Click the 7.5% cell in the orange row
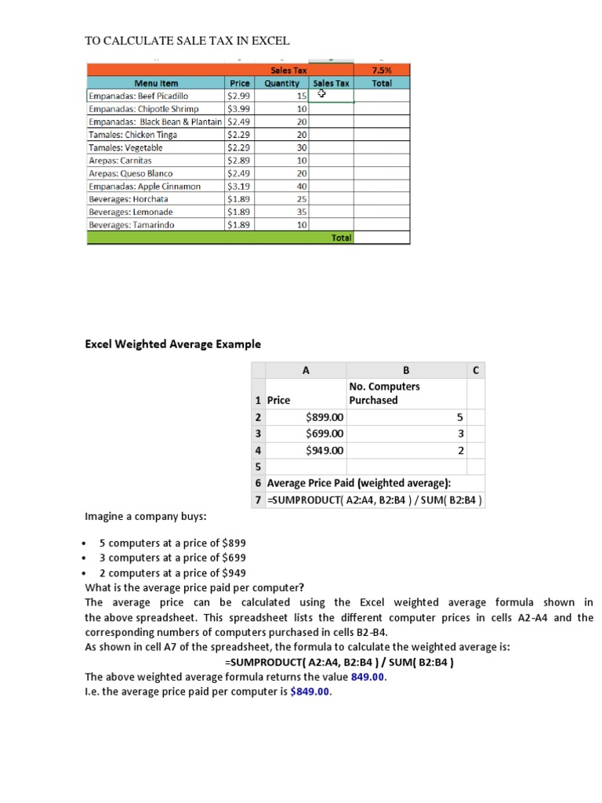pyautogui.click(x=381, y=71)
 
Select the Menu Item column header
pyautogui.click(x=156, y=83)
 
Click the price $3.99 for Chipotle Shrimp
pyautogui.click(x=238, y=109)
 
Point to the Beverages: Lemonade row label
pyautogui.click(x=131, y=212)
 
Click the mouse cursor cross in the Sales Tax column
pyautogui.click(x=321, y=95)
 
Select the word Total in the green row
pyautogui.click(x=341, y=238)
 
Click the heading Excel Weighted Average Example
pyautogui.click(x=172, y=344)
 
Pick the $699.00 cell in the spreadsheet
pyautogui.click(x=325, y=434)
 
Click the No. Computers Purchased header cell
pyautogui.click(x=384, y=394)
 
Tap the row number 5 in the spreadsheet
pyautogui.click(x=258, y=467)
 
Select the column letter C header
pyautogui.click(x=476, y=370)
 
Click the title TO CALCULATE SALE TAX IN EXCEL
pyautogui.click(x=187, y=41)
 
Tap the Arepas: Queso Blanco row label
pyautogui.click(x=130, y=173)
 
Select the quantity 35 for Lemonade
pyautogui.click(x=302, y=212)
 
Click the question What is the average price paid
pyautogui.click(x=194, y=588)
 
